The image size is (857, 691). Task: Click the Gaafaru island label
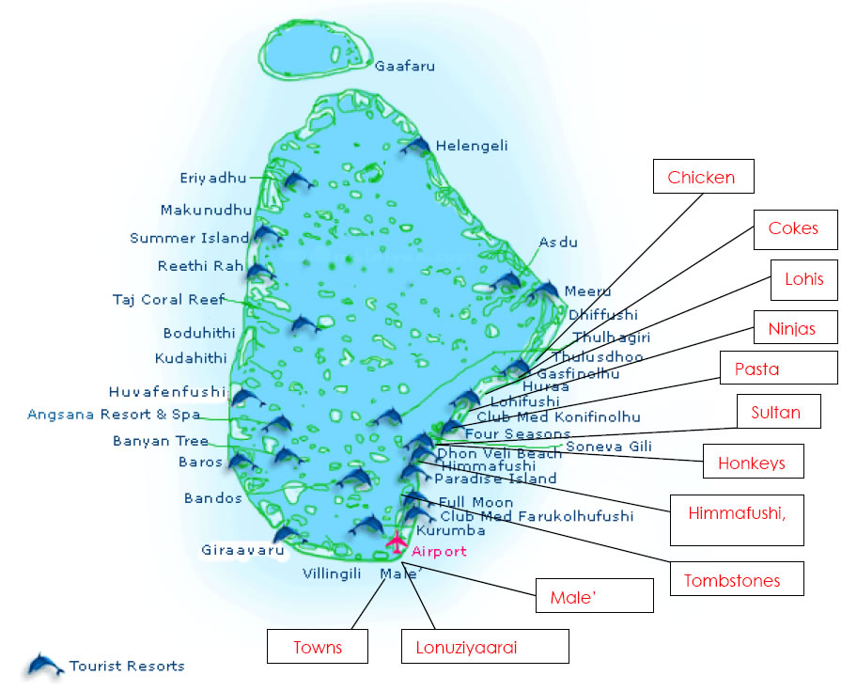[x=405, y=66]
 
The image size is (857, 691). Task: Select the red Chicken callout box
[x=701, y=177]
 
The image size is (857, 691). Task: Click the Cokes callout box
[x=793, y=228]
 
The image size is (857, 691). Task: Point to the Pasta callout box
[x=778, y=369]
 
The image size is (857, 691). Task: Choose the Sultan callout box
[x=775, y=412]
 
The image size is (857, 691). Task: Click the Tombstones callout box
[x=737, y=580]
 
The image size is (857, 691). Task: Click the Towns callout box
[x=318, y=647]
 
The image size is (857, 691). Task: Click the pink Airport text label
[x=439, y=552]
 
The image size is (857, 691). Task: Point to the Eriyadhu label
[x=212, y=178]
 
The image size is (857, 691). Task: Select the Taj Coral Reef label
[x=168, y=300]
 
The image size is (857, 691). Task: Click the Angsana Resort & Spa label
[x=114, y=414]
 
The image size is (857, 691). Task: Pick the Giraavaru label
[x=242, y=550]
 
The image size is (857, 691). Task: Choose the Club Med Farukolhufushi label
[x=537, y=516]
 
